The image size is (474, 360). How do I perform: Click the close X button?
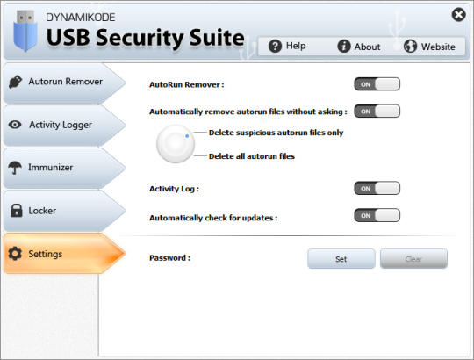[x=458, y=14]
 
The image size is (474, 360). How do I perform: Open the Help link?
[x=287, y=46]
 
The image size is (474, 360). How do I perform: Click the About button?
[x=358, y=47]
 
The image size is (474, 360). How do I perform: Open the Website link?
[x=429, y=47]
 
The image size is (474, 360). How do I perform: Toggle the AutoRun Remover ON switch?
[x=377, y=84]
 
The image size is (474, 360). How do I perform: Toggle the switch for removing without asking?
[x=377, y=111]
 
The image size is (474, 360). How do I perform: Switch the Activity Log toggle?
[x=377, y=188]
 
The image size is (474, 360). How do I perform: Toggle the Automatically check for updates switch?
[x=377, y=215]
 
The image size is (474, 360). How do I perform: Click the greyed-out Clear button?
[x=413, y=258]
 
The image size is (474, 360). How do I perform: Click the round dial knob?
[x=176, y=144]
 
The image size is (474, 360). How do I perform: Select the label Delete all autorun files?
[x=252, y=156]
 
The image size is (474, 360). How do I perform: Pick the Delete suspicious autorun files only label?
[x=276, y=133]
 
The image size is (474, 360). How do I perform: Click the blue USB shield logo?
[x=25, y=31]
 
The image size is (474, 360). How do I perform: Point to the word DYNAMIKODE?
[x=81, y=18]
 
